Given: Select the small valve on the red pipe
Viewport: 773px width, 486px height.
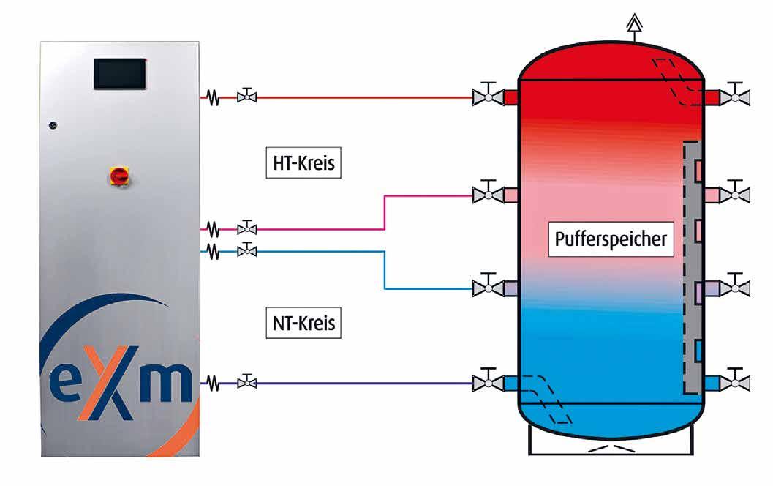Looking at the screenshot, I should point(248,96).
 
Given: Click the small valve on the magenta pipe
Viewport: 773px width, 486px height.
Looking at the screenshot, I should point(248,228).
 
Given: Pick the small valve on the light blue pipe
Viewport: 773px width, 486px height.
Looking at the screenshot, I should point(248,251).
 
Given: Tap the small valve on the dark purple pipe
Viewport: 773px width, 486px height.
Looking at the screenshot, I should point(248,381).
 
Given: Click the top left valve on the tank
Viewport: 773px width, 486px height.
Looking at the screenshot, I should point(486,96).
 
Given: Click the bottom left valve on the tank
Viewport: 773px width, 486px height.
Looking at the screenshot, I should point(486,381).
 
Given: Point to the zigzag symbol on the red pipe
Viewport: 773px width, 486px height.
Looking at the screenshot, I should point(213,97).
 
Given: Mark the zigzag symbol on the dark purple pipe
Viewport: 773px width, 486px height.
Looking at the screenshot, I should point(213,382).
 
